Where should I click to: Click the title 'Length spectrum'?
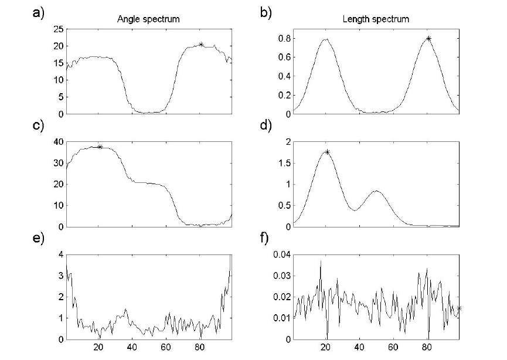click(x=376, y=19)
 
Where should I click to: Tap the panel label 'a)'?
click(x=38, y=13)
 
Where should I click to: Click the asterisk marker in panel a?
click(x=201, y=44)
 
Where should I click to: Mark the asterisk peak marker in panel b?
click(x=428, y=39)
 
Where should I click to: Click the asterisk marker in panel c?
click(x=100, y=147)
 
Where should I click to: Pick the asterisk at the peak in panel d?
click(x=327, y=152)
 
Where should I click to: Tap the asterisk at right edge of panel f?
click(x=459, y=308)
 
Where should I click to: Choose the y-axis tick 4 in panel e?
click(x=60, y=254)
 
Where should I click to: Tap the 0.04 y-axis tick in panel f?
click(x=278, y=254)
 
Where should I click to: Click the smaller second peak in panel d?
click(x=376, y=191)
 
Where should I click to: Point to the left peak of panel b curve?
click(x=326, y=39)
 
